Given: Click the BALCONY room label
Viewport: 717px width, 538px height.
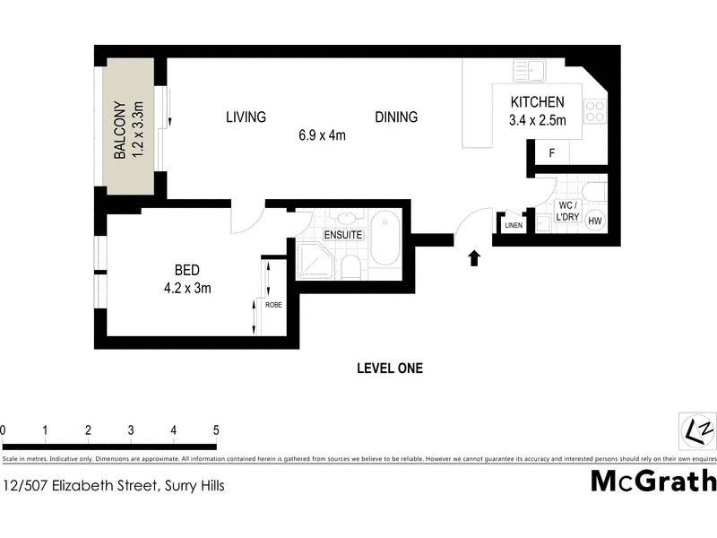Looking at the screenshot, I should tap(118, 131).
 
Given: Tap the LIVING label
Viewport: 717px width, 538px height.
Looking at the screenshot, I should tap(246, 117).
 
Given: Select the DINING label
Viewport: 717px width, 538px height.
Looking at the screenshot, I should tap(396, 117).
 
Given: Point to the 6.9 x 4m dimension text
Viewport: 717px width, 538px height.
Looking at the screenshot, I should tap(323, 136).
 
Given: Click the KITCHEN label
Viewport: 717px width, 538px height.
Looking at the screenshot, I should tap(537, 102).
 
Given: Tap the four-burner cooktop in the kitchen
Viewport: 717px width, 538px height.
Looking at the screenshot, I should tap(594, 111).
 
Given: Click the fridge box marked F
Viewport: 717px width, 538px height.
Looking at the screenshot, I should tap(552, 153).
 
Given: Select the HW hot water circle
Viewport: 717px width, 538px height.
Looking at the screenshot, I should tap(595, 221).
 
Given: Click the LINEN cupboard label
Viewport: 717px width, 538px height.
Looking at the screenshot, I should tap(513, 225).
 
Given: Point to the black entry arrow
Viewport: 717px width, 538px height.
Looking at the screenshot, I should tap(474, 258).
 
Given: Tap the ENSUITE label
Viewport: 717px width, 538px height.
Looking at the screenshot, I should tap(343, 234).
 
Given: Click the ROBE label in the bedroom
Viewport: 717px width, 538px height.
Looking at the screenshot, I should tap(273, 305).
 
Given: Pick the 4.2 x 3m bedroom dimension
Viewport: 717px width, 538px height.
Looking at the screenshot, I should tap(187, 288).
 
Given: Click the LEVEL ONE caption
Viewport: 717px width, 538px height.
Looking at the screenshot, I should tap(389, 368).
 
